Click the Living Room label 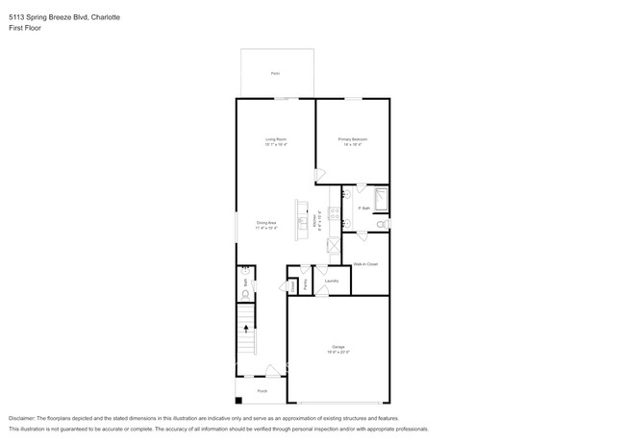276,140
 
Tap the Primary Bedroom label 353,140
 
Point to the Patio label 275,74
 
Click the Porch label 262,391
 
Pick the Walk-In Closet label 365,262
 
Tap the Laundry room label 331,282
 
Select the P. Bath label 364,208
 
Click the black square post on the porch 239,398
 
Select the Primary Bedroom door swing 321,176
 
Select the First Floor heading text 26,28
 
